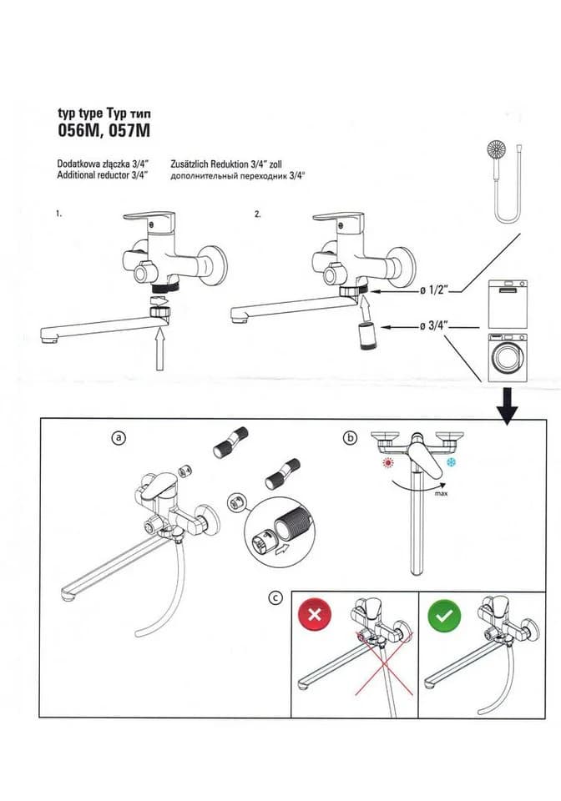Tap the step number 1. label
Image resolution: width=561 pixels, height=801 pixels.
coord(59,214)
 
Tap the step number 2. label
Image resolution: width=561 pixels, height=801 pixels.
coord(257,214)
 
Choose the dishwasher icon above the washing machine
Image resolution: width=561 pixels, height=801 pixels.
coord(508,304)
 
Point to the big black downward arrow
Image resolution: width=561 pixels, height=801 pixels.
coord(508,406)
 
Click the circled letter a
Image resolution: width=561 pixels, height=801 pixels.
coord(119,438)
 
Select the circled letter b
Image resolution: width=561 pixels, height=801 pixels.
coord(351,438)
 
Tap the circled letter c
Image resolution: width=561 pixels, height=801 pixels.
coord(275,597)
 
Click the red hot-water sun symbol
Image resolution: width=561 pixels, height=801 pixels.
coord(390,463)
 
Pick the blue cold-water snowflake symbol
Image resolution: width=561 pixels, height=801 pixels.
coord(451,463)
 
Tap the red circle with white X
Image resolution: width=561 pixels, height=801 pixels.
coord(315,614)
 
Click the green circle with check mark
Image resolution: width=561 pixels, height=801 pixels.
coord(444,615)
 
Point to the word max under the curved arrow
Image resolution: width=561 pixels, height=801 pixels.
coord(441,493)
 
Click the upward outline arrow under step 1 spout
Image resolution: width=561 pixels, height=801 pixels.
coord(160,350)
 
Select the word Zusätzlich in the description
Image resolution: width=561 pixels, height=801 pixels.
coord(189,164)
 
